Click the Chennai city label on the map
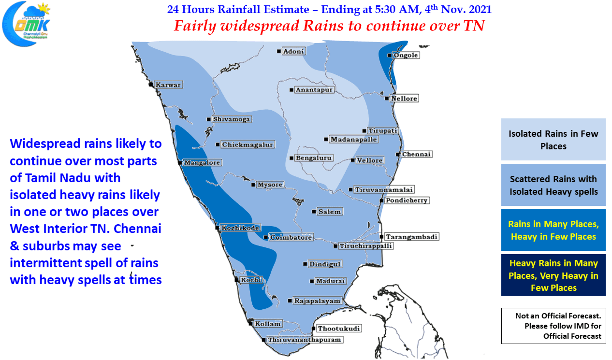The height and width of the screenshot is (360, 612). (x=417, y=155)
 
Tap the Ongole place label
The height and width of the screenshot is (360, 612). (x=406, y=56)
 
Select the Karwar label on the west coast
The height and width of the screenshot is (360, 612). (x=168, y=85)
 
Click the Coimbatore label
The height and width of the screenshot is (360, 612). (x=291, y=237)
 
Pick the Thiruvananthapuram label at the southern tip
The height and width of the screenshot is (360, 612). (x=305, y=340)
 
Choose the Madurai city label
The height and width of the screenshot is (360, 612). (x=331, y=281)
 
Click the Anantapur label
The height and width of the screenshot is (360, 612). (x=315, y=90)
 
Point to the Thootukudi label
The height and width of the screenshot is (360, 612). (x=339, y=329)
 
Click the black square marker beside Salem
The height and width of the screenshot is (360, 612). (x=314, y=212)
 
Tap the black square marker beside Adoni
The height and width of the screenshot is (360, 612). (x=279, y=51)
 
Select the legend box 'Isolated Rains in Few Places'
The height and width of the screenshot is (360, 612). (x=553, y=140)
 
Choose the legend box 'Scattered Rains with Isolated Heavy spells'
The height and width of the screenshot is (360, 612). (x=553, y=185)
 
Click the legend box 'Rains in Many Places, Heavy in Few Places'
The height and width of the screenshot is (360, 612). (x=553, y=230)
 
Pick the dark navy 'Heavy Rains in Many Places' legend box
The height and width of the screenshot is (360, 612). (x=553, y=275)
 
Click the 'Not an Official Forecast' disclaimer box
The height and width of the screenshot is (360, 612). (x=553, y=326)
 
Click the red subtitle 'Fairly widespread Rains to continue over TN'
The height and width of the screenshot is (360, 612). (x=329, y=26)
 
